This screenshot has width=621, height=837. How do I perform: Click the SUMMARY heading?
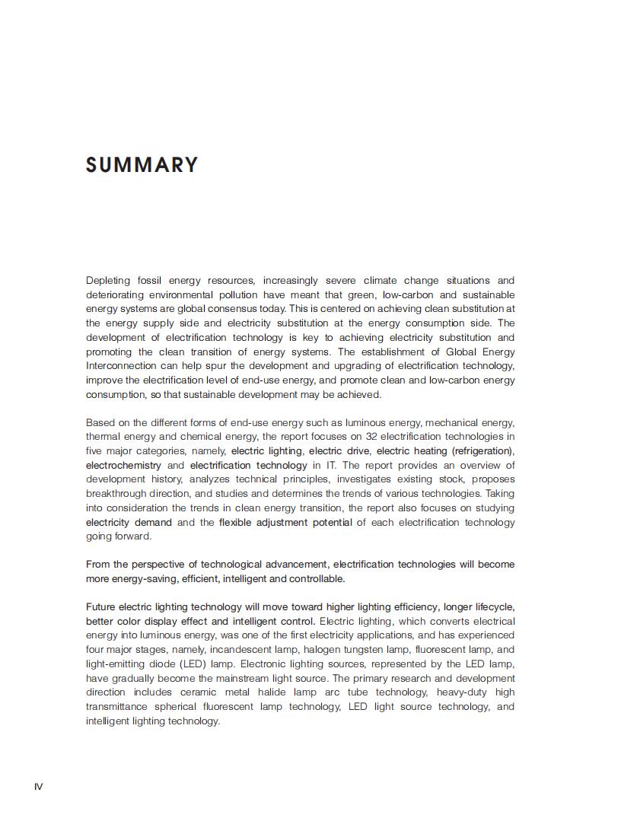pyautogui.click(x=142, y=165)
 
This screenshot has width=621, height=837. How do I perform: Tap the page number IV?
pyautogui.click(x=38, y=786)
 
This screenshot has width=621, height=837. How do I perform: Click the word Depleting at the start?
pyautogui.click(x=108, y=281)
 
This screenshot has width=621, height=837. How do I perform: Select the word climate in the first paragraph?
pyautogui.click(x=380, y=281)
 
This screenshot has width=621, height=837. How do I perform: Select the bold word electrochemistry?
pyautogui.click(x=123, y=465)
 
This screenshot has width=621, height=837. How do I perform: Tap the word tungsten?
pyautogui.click(x=366, y=650)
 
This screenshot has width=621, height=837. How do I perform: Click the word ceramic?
pyautogui.click(x=198, y=692)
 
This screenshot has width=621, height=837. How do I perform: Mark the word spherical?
pyautogui.click(x=175, y=707)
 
